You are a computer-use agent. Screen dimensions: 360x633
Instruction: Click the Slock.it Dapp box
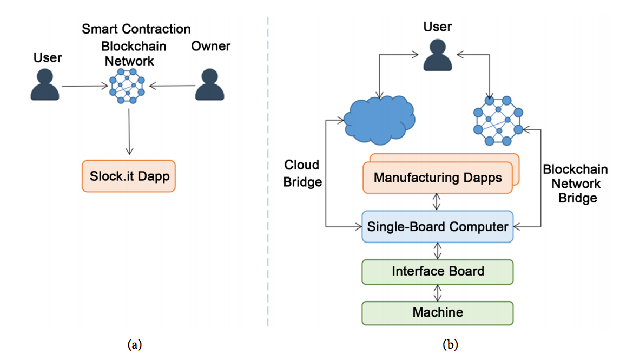pos(129,176)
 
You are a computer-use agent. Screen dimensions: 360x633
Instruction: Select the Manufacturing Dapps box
pos(437,178)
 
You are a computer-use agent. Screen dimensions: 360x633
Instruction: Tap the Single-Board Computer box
pos(437,226)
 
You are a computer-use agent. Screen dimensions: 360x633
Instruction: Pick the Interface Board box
pos(437,271)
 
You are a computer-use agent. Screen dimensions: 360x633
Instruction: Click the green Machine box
pos(437,312)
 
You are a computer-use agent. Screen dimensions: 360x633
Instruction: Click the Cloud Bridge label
pos(302,173)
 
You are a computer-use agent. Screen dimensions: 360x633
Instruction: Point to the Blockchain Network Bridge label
pos(575,184)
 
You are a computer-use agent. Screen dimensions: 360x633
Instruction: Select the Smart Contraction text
pos(136,29)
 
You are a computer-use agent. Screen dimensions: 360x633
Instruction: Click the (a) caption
pos(134,344)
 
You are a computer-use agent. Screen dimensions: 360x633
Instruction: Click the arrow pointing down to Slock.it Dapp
pos(129,130)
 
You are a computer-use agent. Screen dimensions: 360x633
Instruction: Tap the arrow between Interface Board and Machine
pos(438,292)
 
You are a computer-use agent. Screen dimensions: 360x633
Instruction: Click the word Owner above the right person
pos(210,46)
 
